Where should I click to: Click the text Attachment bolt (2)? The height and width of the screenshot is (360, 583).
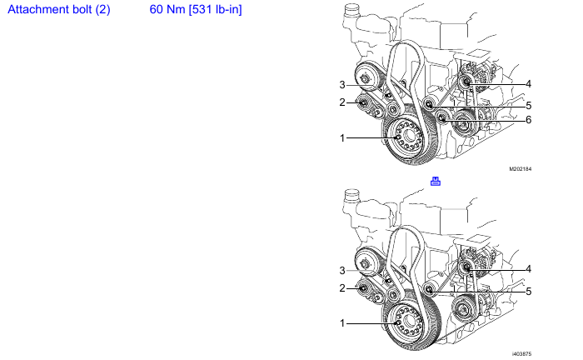coord(59,9)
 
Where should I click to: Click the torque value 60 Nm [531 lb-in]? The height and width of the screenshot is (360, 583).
coord(196,9)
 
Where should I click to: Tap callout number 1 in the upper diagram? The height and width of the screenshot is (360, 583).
coord(342,138)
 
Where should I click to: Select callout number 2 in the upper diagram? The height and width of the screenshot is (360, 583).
coord(342,102)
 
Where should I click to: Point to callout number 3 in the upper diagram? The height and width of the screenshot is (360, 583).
coord(342,85)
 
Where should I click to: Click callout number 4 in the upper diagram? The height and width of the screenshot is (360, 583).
coord(528,84)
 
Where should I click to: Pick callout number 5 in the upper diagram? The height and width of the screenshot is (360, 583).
coord(528,106)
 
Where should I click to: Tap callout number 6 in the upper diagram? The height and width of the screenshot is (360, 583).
coord(528,120)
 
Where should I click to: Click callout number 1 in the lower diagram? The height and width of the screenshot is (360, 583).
coord(342,323)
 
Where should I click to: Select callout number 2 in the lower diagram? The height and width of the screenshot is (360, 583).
coord(342,288)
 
